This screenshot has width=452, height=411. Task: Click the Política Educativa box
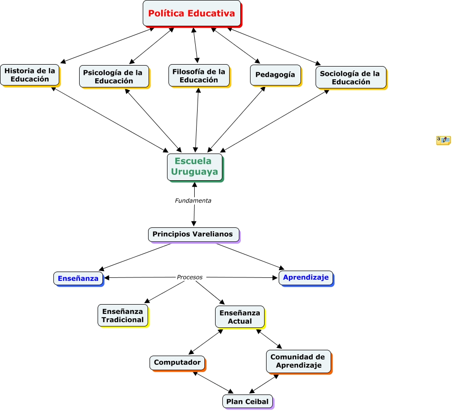click(x=192, y=14)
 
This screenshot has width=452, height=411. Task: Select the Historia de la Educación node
click(x=30, y=75)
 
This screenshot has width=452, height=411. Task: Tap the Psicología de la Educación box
click(x=115, y=77)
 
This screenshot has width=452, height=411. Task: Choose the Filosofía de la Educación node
click(x=200, y=76)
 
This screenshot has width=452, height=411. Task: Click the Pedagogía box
click(x=276, y=75)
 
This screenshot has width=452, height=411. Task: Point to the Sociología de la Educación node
click(x=352, y=78)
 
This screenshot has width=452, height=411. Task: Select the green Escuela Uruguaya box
click(x=195, y=168)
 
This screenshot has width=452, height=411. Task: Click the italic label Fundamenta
click(x=193, y=201)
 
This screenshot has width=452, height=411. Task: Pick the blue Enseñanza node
click(x=79, y=279)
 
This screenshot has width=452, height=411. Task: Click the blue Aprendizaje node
click(x=306, y=278)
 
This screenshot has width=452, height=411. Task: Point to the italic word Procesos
click(x=190, y=277)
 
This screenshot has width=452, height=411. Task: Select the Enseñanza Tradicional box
click(x=123, y=316)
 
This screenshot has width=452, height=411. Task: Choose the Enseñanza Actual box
click(x=240, y=317)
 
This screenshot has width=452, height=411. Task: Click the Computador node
click(x=178, y=363)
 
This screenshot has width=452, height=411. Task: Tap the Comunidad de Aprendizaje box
click(x=299, y=362)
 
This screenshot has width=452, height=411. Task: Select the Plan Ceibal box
click(x=248, y=402)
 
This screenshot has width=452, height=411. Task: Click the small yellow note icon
click(x=443, y=140)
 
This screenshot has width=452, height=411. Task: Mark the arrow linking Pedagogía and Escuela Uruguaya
click(x=236, y=120)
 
